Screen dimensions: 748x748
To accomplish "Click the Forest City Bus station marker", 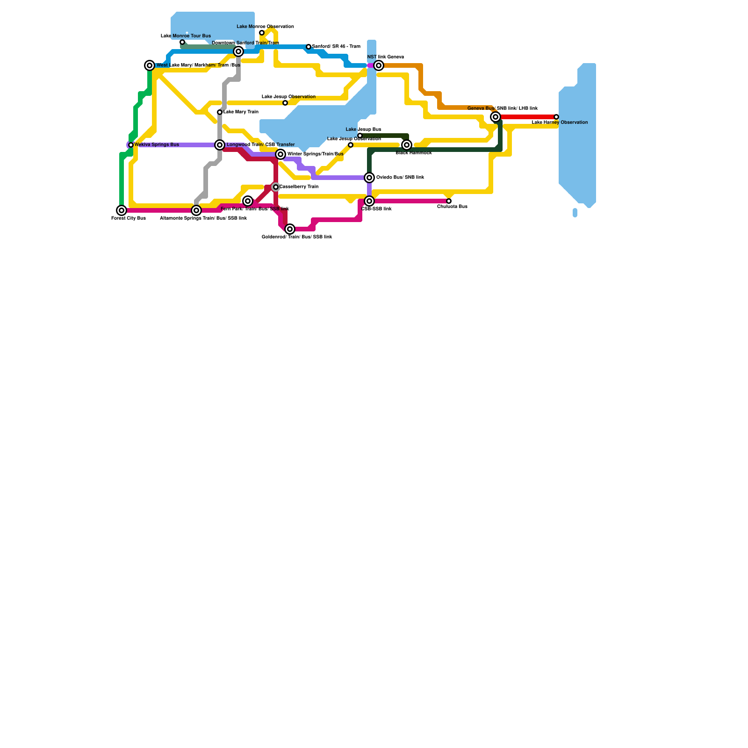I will point(122,210).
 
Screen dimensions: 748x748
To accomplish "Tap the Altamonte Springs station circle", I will point(196,210).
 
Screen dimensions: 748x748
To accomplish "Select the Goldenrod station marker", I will point(290,229).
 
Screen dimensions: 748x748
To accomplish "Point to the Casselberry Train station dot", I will point(276,187).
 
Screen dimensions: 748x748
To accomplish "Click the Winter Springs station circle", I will point(280,154).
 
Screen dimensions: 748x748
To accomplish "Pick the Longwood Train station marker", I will point(220,145).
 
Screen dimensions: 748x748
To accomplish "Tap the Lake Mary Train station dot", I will point(220,112).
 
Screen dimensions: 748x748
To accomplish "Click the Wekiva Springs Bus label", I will point(157,145).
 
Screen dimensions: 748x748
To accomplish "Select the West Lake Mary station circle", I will point(150,65).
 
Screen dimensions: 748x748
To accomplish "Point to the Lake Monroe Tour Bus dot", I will point(182,42).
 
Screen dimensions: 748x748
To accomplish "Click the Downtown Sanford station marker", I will point(238,51).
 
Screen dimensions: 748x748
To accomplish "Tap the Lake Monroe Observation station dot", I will point(262,33).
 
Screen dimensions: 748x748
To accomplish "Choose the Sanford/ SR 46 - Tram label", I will point(336,47).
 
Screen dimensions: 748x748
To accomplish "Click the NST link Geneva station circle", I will point(379,65).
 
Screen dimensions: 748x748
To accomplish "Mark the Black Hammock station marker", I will point(407,145).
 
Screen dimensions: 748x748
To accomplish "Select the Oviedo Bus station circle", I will point(369,178).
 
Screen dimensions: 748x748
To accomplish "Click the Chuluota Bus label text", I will point(452,207).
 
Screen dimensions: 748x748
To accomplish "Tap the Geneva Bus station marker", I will point(496,117).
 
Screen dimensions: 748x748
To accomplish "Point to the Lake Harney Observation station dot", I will point(556,117).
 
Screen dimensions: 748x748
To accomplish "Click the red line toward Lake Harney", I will point(526,117).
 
